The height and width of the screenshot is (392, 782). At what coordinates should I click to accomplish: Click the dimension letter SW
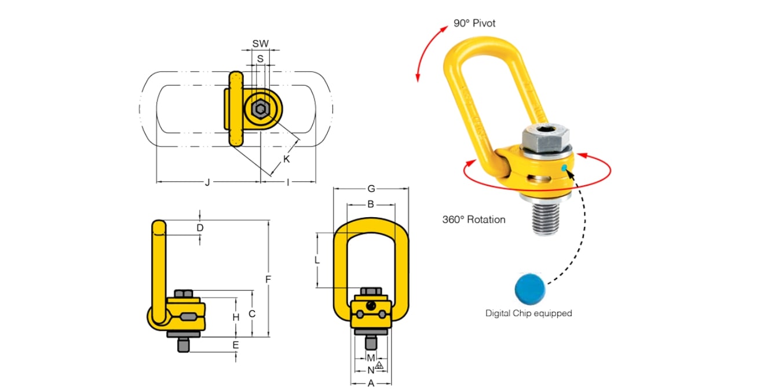coord(260,44)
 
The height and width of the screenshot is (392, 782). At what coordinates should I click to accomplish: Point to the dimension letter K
coord(286,159)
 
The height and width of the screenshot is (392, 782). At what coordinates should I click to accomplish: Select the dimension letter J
coord(207,183)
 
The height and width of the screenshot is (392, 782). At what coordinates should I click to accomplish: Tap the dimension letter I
coord(288,183)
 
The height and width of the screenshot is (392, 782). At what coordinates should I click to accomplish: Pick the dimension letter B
coord(371,204)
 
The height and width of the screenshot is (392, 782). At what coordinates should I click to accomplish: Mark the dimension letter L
coord(317,261)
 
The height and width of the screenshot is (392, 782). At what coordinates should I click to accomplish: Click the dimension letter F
coord(268,279)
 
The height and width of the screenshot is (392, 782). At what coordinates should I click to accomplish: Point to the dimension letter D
coord(200,228)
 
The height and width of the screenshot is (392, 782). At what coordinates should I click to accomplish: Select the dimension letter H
coord(236,317)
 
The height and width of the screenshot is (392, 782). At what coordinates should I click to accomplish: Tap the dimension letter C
coord(252,313)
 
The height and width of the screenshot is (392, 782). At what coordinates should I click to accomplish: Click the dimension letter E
coord(236,345)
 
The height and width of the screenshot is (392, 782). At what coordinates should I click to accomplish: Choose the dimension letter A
coord(371,383)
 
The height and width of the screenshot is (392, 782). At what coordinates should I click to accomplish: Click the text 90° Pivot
coord(474,24)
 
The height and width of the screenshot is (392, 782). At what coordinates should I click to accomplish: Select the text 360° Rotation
coord(474,220)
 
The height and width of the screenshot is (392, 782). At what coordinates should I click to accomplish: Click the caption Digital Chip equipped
coord(528,313)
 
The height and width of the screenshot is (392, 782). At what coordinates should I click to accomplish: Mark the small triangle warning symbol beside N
coord(379,366)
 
